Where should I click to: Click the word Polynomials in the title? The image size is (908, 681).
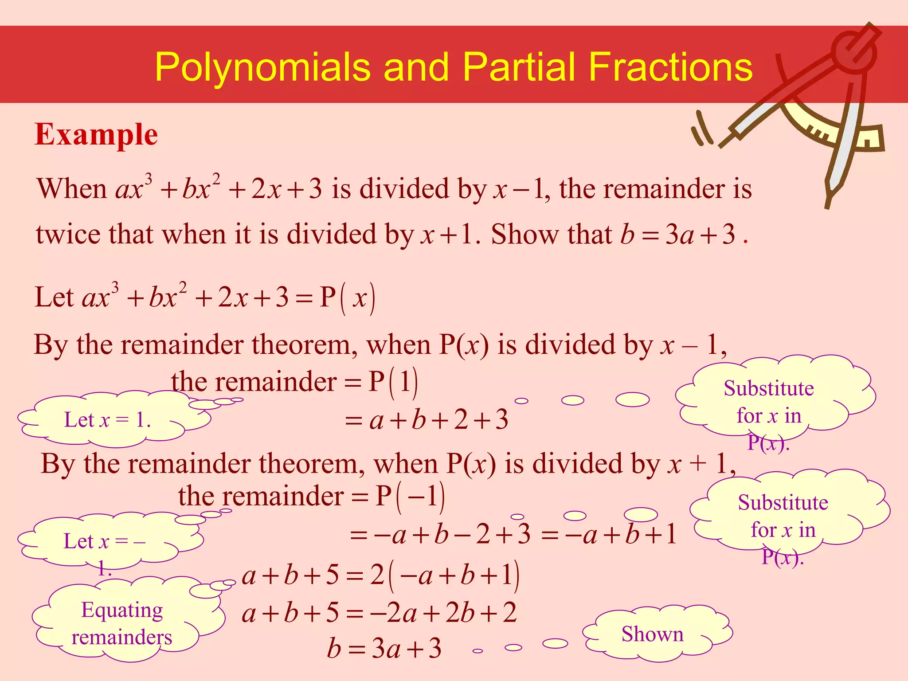click(262, 67)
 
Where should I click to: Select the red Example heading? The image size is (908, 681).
click(96, 134)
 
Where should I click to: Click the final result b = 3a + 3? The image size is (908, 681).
click(384, 649)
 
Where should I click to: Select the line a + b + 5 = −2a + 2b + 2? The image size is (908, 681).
click(379, 613)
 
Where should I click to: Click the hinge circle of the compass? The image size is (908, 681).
click(853, 52)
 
